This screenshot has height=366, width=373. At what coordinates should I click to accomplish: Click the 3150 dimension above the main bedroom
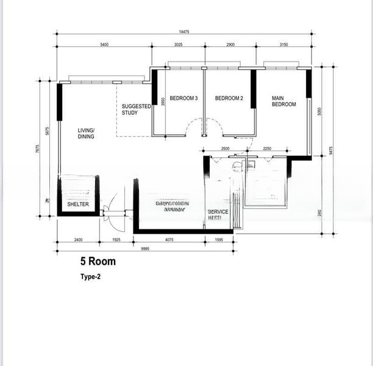click(282, 45)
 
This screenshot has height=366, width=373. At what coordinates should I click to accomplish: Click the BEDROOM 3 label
click(183, 98)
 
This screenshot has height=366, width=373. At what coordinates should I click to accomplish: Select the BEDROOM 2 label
click(229, 98)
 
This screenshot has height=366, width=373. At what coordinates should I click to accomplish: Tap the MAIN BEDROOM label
click(283, 101)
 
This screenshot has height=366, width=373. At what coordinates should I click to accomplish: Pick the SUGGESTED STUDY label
click(136, 109)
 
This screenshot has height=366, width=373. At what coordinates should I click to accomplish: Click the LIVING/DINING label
click(86, 134)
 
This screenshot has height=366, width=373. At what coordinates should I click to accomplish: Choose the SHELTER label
click(78, 204)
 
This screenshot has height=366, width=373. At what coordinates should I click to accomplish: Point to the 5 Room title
click(98, 262)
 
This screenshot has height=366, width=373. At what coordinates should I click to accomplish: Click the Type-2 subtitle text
click(90, 276)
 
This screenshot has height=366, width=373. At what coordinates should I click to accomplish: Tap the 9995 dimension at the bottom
click(146, 249)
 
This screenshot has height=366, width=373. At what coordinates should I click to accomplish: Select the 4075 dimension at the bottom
click(169, 240)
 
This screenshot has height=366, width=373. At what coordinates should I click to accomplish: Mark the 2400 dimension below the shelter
click(78, 240)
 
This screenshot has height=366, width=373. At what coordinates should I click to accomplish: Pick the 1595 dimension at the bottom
click(219, 240)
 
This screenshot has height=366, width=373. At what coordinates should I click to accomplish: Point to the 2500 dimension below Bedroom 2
click(225, 148)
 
